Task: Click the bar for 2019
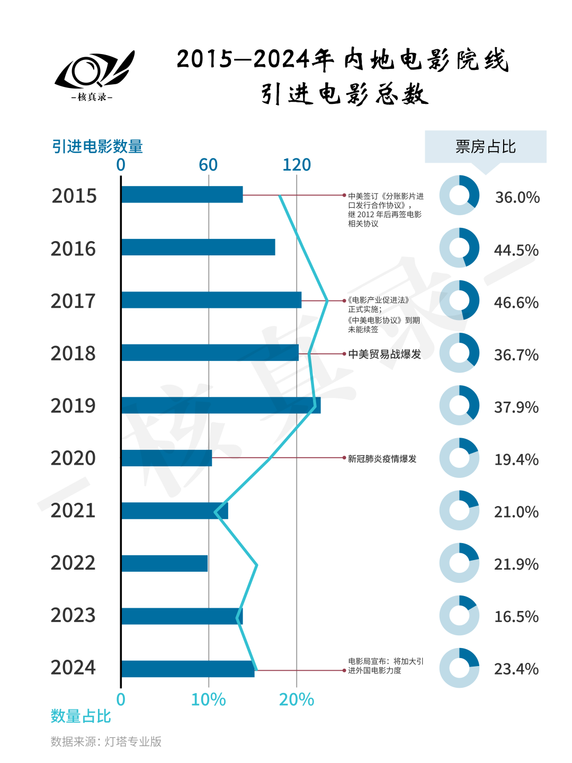coord(221,405)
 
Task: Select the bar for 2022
coord(164,563)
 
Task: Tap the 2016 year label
coord(73,249)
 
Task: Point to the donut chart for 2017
coord(459,300)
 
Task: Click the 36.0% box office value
coord(517,198)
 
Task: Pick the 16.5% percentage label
coord(516,617)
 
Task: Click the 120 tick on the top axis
coord(297,165)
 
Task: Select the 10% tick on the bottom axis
coord(208,699)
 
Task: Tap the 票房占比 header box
coord(485,147)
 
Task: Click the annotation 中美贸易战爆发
coord(385,354)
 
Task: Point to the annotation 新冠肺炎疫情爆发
coord(382,459)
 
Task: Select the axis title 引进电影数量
coord(97,146)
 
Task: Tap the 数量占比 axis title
coord(81,716)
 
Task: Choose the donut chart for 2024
coord(459,668)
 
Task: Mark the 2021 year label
coord(73,511)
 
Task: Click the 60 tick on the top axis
coord(208,165)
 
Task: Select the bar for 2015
coord(182,194)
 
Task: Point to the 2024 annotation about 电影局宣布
coord(386,666)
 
